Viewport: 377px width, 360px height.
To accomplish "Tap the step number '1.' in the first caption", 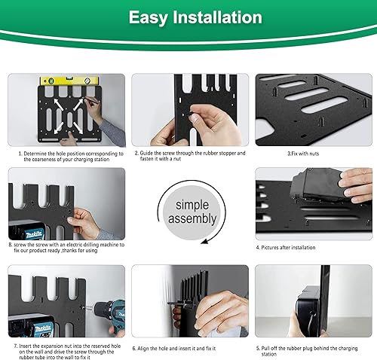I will point(21,153).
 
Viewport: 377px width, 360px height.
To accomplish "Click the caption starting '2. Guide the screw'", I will point(189,156).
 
